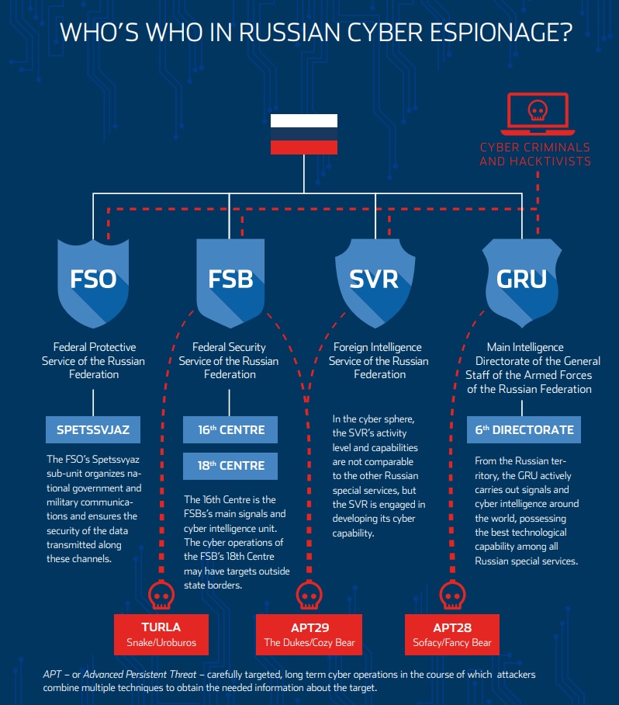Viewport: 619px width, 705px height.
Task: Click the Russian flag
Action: (303, 134)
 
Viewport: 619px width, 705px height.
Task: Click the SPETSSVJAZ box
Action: (93, 428)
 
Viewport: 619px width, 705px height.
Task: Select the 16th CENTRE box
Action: (230, 429)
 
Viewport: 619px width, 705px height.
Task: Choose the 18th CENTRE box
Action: (230, 466)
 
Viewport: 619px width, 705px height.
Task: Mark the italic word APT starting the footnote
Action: (52, 675)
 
